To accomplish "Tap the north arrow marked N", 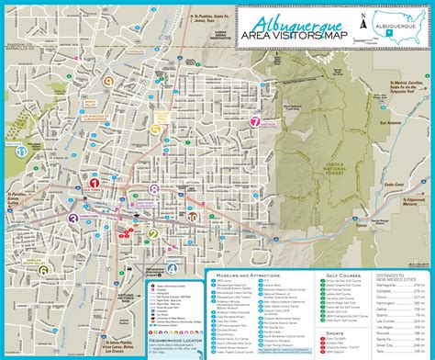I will coord(364,23).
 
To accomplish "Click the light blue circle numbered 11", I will coord(18,151).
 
